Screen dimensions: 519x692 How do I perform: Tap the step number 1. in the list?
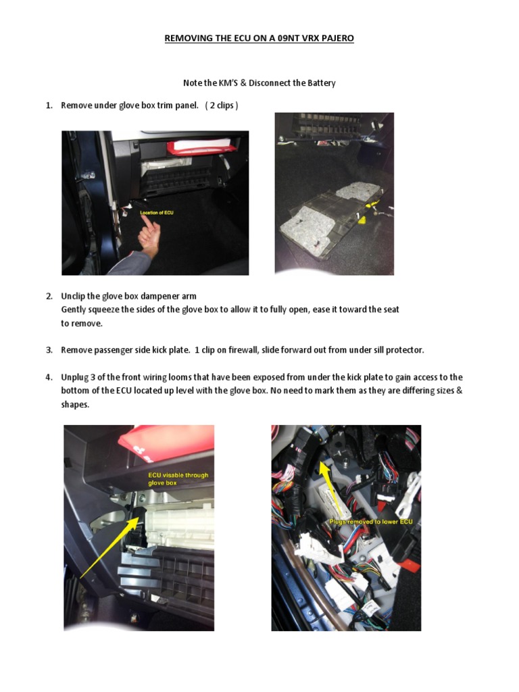tap(49, 105)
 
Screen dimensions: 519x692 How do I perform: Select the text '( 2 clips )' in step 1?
tap(222, 105)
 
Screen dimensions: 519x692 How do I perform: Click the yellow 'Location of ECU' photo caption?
tap(157, 213)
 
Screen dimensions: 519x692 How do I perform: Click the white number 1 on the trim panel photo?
tap(358, 216)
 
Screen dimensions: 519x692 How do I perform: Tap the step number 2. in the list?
tap(49, 296)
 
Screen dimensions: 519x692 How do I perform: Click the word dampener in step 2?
tap(161, 296)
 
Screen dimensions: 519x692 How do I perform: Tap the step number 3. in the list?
tap(49, 350)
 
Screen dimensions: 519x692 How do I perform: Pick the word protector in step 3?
tap(405, 350)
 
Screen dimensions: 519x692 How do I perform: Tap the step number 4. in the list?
tap(49, 377)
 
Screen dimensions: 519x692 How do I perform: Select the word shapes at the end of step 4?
tap(75, 405)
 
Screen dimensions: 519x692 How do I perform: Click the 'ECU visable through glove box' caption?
tap(178, 479)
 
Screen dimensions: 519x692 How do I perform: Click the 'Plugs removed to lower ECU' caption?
tap(371, 522)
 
